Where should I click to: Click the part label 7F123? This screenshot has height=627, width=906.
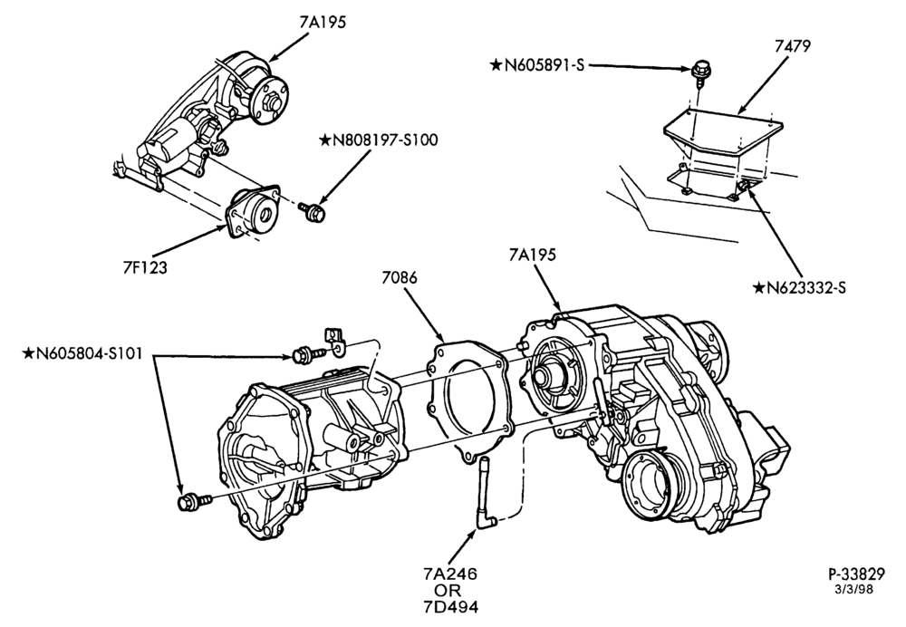coord(144,267)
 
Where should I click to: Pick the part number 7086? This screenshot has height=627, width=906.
coord(400,277)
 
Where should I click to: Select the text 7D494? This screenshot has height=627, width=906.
coord(450,606)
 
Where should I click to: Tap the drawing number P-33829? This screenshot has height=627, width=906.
coord(857,574)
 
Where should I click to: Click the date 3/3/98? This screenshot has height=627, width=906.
coord(854,590)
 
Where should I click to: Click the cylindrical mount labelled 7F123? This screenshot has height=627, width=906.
coord(253,211)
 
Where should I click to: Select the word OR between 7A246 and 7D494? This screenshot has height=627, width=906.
coord(450,590)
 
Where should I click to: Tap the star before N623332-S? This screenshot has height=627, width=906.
coord(758,287)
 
